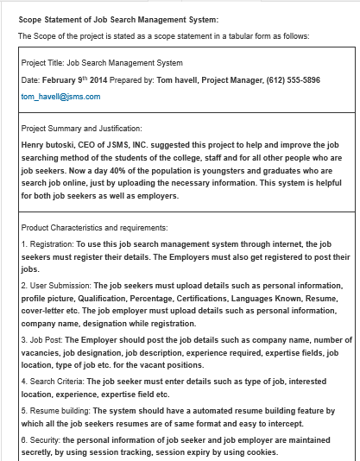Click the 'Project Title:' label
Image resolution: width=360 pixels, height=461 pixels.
point(41,63)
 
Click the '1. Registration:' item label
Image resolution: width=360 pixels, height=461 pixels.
point(49,246)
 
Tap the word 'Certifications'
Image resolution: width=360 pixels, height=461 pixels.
point(195,298)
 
